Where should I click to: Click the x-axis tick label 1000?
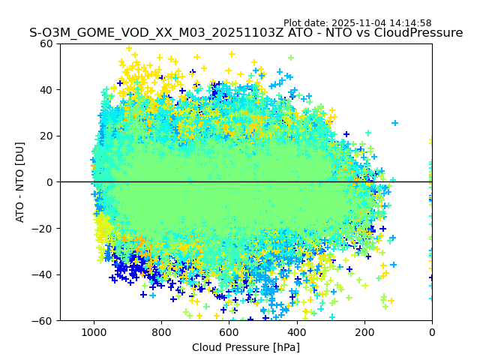coord(94,332)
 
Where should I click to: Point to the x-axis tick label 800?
coord(161,332)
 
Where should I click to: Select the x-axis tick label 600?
coord(229,332)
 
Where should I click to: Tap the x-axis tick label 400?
coord(296,332)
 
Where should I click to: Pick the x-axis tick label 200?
coord(364,332)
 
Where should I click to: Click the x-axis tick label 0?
coord(432,332)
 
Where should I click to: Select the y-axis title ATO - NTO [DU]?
coord(20,182)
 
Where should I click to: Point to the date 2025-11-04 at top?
coord(357,23)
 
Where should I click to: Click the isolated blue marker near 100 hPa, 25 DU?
coord(395,123)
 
